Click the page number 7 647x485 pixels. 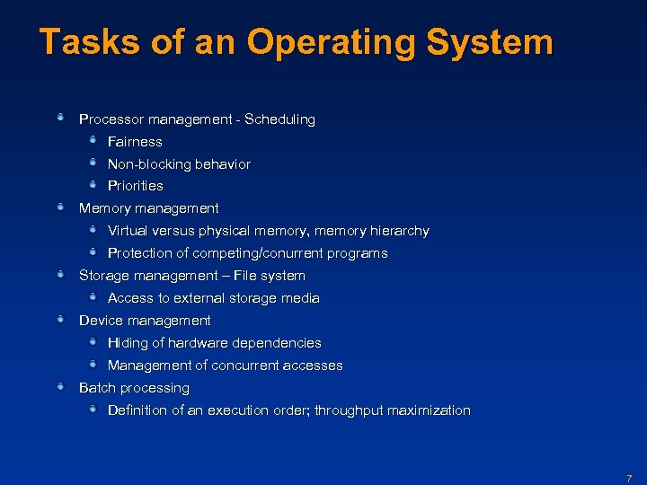[629, 479]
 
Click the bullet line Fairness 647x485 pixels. [135, 142]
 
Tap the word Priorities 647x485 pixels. [136, 186]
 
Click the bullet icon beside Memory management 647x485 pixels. [60, 207]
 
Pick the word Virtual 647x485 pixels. [127, 231]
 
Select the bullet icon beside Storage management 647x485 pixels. [60, 275]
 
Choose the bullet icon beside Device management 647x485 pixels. [60, 320]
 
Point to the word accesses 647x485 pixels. [312, 366]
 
